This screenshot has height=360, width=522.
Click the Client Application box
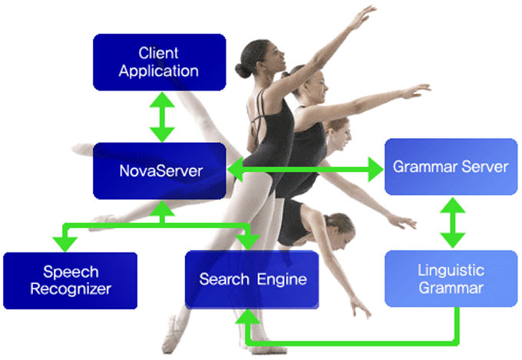(159, 62)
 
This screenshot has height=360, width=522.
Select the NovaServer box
(160, 170)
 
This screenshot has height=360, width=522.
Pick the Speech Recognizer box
(70, 279)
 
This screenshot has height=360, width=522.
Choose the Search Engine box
(252, 279)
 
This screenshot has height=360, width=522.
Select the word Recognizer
(71, 289)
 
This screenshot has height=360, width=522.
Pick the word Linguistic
(451, 269)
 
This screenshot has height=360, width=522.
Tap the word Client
(159, 53)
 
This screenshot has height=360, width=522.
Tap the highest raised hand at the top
(367, 13)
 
